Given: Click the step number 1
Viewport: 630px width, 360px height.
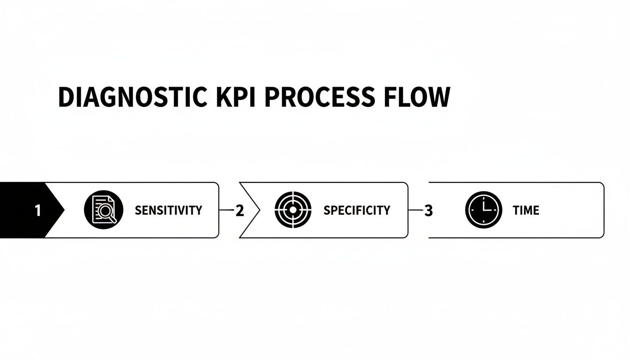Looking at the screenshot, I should click(x=37, y=211).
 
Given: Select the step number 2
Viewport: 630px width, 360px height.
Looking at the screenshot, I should click(x=240, y=211).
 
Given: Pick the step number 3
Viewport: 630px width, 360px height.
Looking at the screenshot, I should click(x=428, y=211).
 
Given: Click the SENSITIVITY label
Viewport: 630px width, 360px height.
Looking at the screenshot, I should click(x=168, y=210).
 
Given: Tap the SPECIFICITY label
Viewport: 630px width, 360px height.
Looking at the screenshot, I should click(x=357, y=210).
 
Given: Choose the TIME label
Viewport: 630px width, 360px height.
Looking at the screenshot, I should click(x=526, y=210).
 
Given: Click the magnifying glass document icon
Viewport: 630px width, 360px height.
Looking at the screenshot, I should click(x=104, y=210).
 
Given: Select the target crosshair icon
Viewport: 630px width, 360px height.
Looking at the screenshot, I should click(x=293, y=210).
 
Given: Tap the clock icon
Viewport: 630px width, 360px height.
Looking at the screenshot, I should click(x=483, y=210).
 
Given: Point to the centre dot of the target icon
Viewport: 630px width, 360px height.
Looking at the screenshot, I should click(x=293, y=210).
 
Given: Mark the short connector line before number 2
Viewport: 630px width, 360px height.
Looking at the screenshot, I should click(x=226, y=210).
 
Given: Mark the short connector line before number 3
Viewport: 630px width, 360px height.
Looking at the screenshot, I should click(x=415, y=210).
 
